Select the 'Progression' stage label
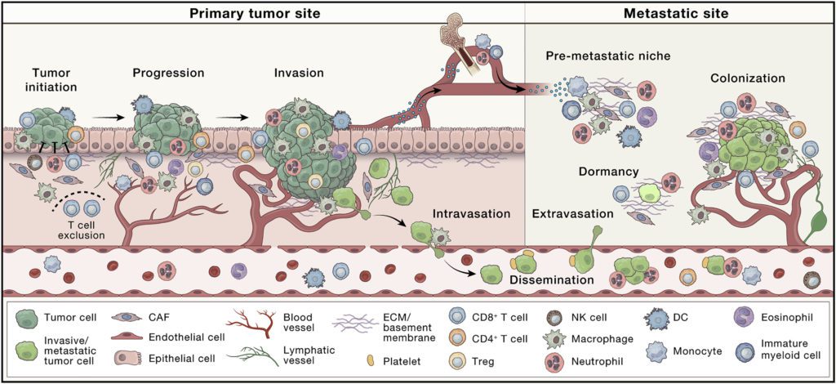click(x=168, y=73)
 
